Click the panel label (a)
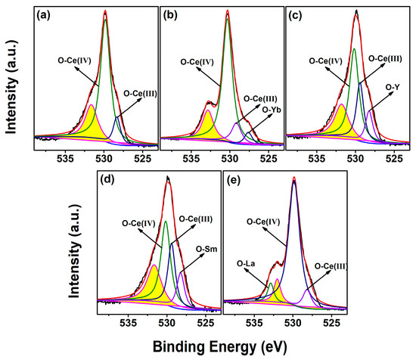[39, 14]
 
